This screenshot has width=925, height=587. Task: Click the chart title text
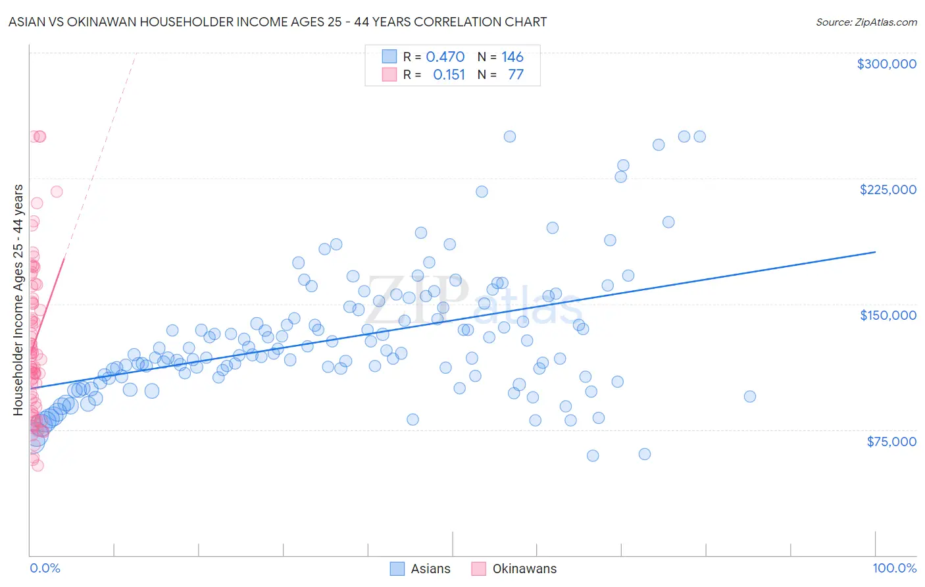click(x=277, y=22)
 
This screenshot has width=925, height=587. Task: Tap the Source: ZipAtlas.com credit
click(x=866, y=22)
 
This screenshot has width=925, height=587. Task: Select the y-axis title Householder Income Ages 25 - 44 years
click(x=18, y=300)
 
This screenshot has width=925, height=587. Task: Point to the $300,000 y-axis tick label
click(x=886, y=64)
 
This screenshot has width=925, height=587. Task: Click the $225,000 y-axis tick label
click(x=888, y=190)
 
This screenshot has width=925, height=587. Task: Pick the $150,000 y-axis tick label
click(x=888, y=315)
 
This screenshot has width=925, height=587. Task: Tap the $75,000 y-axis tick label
click(x=891, y=441)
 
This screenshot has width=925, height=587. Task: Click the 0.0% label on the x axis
click(x=45, y=568)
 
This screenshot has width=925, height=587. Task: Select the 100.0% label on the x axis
click(x=894, y=568)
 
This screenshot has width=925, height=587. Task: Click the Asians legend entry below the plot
click(x=421, y=569)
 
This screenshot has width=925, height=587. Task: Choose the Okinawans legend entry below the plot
click(x=514, y=569)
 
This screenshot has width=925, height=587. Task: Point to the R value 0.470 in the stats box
click(x=445, y=57)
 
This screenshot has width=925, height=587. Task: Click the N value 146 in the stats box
click(x=512, y=57)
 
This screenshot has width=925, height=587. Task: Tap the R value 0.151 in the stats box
click(x=449, y=74)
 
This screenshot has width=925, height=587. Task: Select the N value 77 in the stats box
click(x=515, y=74)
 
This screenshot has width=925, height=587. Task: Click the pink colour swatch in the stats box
click(x=389, y=74)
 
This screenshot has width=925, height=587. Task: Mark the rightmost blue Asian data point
click(x=749, y=396)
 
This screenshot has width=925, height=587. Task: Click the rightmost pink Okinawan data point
click(x=57, y=191)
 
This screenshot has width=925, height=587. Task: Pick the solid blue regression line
click(x=461, y=319)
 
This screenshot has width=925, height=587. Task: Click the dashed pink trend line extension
click(x=99, y=158)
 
